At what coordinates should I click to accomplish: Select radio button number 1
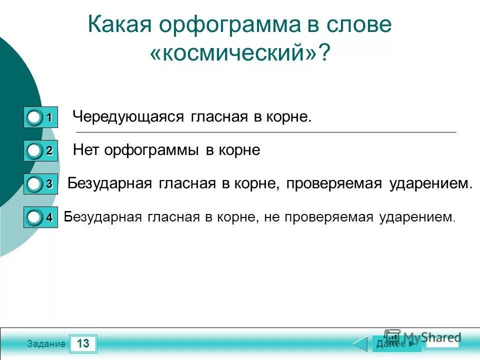34,117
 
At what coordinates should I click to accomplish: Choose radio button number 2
34,150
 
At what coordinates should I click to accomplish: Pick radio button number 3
34,184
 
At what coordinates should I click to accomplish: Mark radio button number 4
34,217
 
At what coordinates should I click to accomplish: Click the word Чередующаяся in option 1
129,117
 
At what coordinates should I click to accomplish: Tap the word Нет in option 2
86,150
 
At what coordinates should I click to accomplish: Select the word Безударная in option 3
109,183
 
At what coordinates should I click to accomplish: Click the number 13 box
83,343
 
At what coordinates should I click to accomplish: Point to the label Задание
46,344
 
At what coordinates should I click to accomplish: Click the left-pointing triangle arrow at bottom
360,344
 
